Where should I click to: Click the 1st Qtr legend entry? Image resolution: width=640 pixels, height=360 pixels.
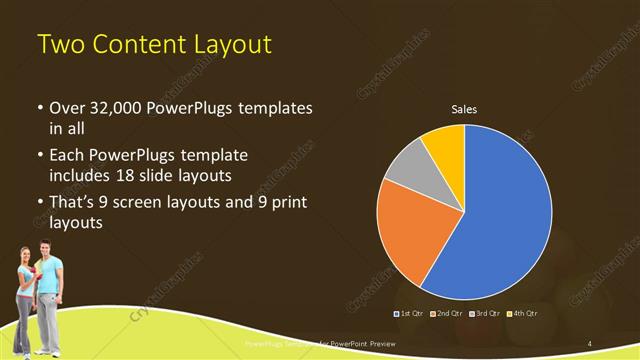412,313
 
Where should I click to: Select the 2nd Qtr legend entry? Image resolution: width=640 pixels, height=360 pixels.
448,313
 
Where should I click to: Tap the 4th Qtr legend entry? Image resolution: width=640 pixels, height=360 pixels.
522,313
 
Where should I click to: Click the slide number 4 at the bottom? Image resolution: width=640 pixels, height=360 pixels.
591,343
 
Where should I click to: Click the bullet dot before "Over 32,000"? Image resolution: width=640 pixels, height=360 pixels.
39,108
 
